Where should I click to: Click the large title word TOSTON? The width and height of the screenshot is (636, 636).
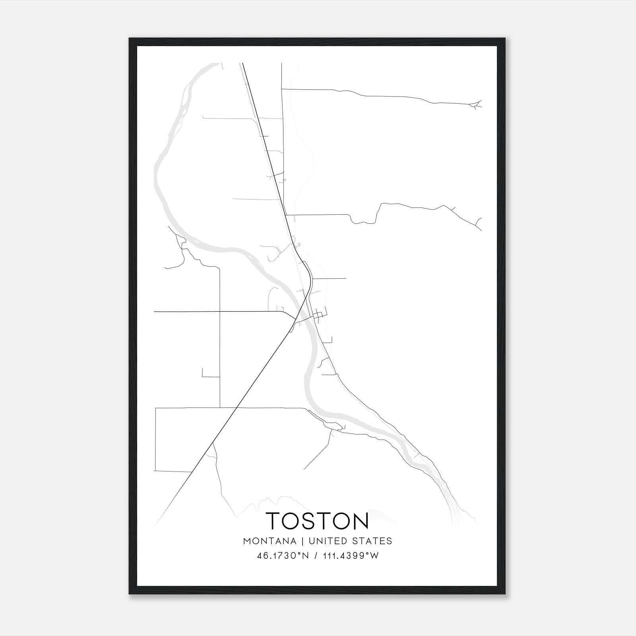[317, 521]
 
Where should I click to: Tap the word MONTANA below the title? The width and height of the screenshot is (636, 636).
[270, 541]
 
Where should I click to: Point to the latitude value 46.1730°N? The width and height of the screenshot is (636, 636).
[283, 556]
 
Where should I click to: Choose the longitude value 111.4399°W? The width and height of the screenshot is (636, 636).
[350, 556]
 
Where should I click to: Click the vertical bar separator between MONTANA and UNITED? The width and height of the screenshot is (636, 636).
[302, 541]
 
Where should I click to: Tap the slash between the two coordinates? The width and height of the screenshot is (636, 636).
[316, 556]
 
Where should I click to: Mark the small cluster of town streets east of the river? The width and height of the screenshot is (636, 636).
[319, 316]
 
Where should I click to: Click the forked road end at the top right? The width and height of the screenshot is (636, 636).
[476, 105]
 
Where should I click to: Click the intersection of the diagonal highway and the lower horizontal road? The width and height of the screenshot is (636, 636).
[237, 408]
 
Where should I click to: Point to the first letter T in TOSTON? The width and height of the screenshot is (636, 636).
[274, 521]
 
